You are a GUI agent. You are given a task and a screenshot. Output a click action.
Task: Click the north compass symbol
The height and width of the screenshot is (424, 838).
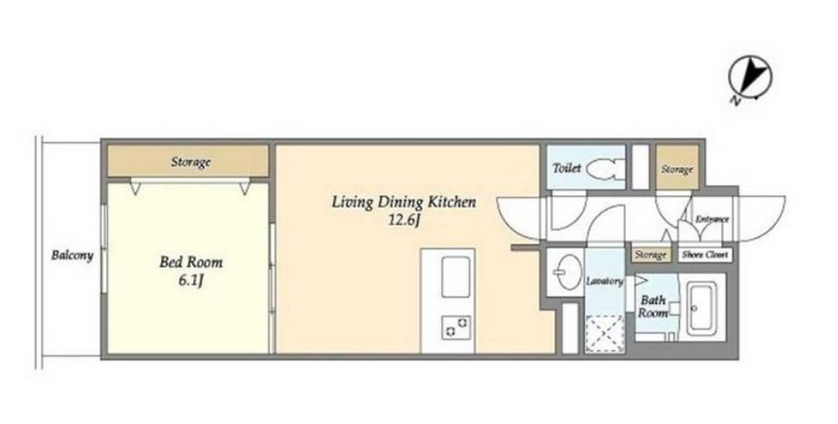749,80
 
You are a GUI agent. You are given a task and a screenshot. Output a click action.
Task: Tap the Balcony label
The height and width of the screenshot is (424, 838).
72,255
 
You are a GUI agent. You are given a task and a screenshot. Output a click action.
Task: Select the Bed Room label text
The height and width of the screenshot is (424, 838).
190,262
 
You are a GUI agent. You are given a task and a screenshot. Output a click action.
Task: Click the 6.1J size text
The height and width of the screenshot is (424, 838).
190,281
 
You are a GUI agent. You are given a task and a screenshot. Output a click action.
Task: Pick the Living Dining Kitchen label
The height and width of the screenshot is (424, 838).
403,202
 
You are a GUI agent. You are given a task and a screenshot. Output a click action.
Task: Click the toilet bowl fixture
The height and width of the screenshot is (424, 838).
606,169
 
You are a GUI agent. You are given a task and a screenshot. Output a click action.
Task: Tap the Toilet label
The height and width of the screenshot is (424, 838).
567,169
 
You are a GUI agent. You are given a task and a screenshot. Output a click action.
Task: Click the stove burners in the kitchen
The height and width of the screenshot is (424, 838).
456,327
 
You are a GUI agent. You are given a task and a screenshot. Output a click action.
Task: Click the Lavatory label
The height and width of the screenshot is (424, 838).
604,281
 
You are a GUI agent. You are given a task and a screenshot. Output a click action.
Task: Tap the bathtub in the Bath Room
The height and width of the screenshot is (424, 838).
705,308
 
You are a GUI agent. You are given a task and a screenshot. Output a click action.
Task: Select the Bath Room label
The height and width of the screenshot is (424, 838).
653,307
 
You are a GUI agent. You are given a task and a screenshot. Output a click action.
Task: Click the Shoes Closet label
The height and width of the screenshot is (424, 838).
705,255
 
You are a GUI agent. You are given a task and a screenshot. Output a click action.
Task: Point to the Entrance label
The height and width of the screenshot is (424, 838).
712,219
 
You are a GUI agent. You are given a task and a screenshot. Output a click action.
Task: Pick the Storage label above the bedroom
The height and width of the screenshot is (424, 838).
190,162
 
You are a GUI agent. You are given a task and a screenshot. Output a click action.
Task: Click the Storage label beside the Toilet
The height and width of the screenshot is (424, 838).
677,169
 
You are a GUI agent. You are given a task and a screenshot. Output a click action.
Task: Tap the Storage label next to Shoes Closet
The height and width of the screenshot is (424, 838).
650,255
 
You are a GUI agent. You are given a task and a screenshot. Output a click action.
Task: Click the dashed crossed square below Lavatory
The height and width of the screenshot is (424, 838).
605,335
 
